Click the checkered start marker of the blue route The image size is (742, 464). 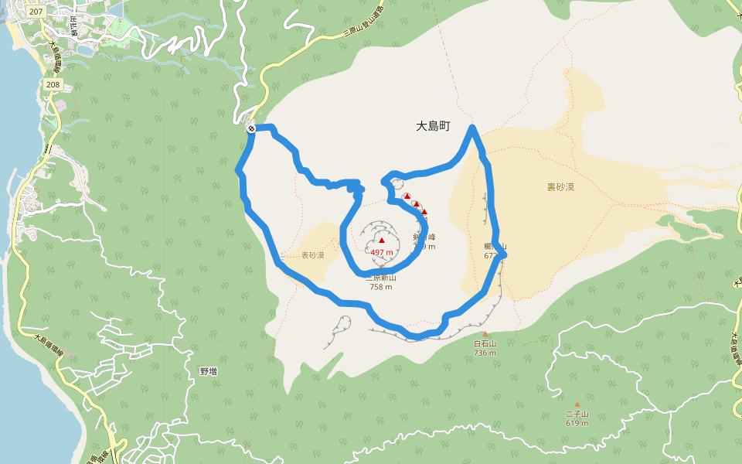251,128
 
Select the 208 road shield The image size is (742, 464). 53,84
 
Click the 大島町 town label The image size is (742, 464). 433,126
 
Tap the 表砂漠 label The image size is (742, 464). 313,255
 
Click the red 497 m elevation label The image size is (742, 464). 382,252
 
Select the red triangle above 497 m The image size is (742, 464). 382,241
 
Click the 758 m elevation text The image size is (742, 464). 381,287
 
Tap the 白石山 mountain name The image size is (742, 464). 485,343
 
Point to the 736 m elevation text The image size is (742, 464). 485,353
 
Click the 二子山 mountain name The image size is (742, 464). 577,414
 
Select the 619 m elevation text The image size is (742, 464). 577,423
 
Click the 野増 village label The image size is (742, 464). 209,371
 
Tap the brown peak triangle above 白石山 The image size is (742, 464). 485,334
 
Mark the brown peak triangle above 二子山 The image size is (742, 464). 577,404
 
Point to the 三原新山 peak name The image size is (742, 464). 381,278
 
